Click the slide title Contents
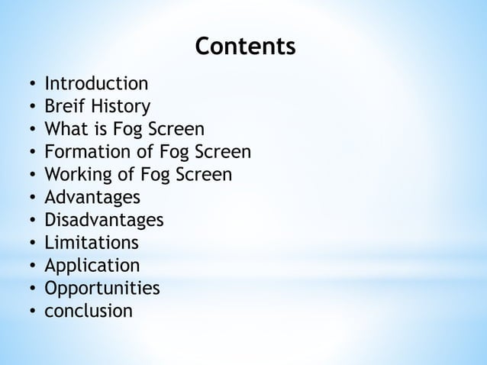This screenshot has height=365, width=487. (245, 47)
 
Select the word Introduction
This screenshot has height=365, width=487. (96, 82)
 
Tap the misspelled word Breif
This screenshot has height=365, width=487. (63, 105)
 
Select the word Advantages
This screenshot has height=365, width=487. (92, 197)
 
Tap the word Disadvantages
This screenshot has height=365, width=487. (104, 220)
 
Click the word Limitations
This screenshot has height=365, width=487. (92, 243)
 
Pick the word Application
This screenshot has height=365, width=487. (92, 266)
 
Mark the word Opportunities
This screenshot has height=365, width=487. (102, 289)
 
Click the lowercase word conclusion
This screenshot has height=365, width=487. (89, 312)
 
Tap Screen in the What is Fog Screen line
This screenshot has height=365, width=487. (179, 128)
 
